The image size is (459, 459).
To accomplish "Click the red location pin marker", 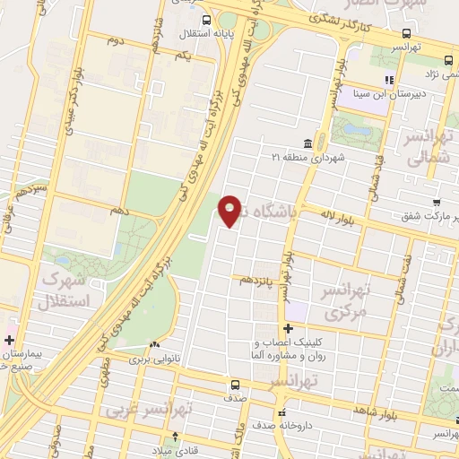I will point(230,210).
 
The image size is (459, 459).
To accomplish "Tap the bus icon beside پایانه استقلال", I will point(207,20).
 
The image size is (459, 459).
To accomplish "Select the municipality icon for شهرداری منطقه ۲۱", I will point(307,143).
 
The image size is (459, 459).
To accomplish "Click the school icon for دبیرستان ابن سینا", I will point(388,80).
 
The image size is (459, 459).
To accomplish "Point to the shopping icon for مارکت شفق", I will point(436,203).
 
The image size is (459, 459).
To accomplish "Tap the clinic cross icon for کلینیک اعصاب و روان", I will point(288,329).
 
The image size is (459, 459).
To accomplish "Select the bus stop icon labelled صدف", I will point(235,385).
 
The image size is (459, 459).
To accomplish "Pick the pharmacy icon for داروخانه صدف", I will point(281,413).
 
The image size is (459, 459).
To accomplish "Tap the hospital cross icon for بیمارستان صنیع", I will point(9,340).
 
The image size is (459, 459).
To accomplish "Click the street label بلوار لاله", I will point(343,215).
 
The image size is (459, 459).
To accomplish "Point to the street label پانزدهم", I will point(253,280).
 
